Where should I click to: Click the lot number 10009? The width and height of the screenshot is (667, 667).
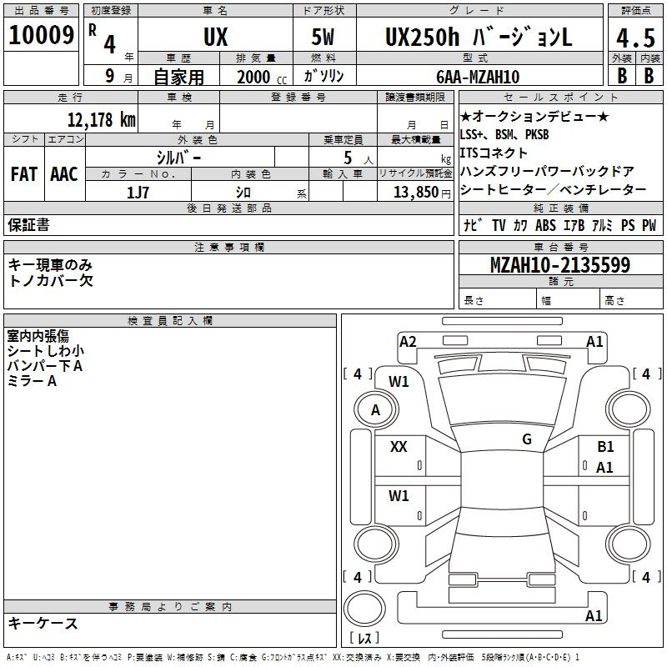point(42,36)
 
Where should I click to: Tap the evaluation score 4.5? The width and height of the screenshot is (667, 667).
point(634,38)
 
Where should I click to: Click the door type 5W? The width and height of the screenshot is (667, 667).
point(323,37)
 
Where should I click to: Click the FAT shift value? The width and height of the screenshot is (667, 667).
point(23,174)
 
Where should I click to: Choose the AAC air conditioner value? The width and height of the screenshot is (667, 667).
point(64,174)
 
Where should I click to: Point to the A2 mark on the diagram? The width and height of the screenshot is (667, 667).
point(408,341)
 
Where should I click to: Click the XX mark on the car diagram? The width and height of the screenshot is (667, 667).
point(399,447)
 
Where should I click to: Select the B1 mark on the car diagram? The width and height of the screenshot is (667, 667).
point(605,447)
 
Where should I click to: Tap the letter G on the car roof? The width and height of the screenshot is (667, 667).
point(527,439)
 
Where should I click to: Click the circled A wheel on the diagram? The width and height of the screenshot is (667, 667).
point(375,409)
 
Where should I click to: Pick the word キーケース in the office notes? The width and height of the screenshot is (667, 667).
point(43,623)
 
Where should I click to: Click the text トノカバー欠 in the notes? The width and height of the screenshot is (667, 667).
point(51,280)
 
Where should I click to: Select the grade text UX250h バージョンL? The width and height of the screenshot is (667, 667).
point(478,37)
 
